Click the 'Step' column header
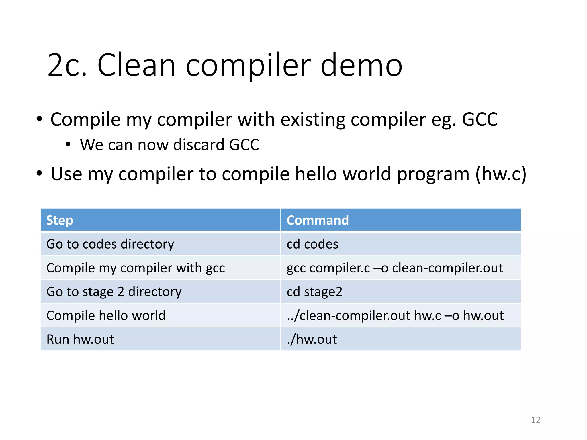60,220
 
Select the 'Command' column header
318,220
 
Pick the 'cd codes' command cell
312,244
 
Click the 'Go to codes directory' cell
110,244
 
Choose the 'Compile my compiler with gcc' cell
136,268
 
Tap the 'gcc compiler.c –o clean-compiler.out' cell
394,268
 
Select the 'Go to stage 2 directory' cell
114,292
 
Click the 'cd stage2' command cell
314,292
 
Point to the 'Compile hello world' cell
106,316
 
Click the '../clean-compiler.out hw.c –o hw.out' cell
395,316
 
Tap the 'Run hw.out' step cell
80,339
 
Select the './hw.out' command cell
312,339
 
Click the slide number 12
535,420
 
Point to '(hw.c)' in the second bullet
500,174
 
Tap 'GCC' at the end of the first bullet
480,119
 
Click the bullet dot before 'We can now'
68,144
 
